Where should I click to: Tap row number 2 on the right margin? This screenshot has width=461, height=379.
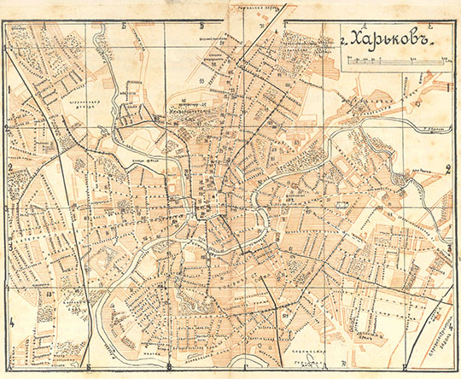448,166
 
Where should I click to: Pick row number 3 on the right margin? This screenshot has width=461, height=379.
449,248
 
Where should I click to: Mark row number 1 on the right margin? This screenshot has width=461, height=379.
448,86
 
